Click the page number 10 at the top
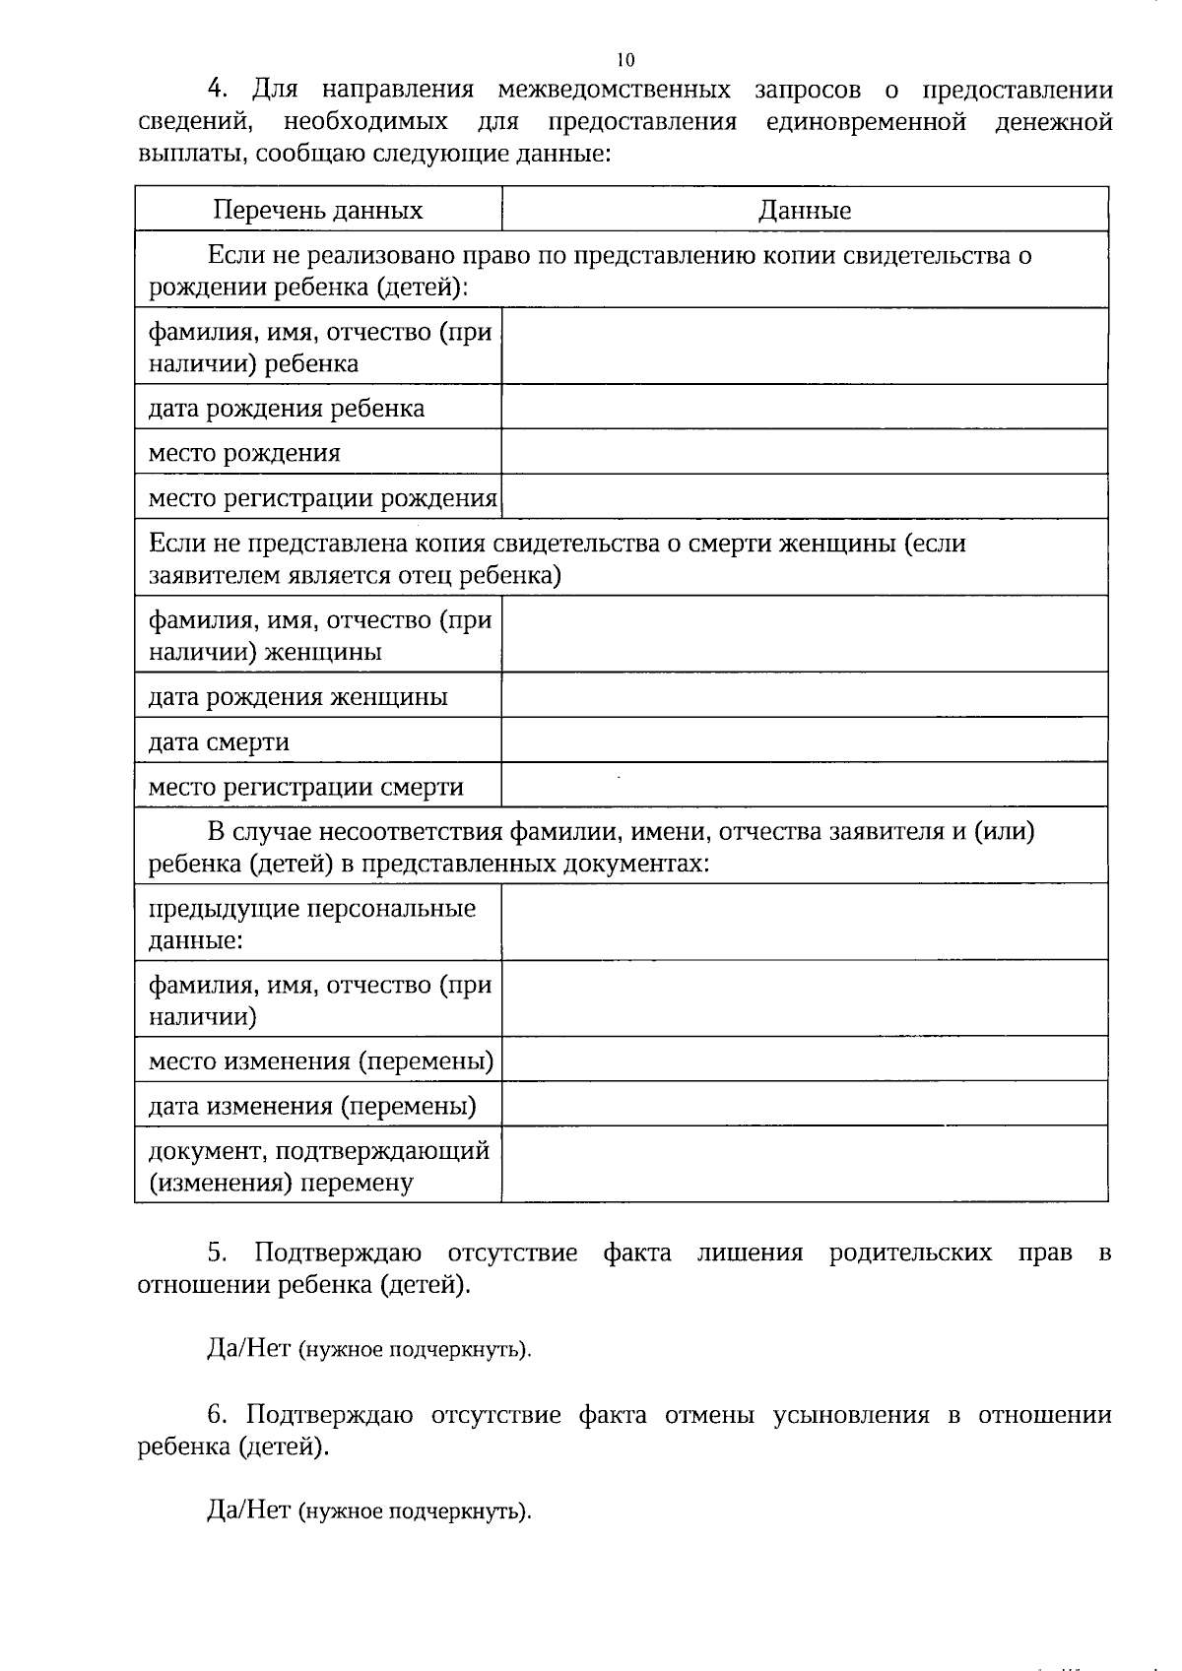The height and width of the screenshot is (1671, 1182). pos(625,58)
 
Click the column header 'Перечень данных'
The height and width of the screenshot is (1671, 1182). pos(318,210)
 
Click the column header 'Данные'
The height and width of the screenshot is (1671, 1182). pos(805,210)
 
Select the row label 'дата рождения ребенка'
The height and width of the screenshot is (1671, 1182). pos(287,408)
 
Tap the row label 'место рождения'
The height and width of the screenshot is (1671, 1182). pos(244,453)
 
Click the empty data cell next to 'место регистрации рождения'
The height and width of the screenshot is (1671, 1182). pos(805,497)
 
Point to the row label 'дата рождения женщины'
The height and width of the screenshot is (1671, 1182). pos(297,697)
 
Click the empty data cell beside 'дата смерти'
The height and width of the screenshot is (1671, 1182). pos(805,740)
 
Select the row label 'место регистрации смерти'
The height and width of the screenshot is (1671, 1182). pos(305,787)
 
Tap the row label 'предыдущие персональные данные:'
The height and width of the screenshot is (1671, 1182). pos(311,924)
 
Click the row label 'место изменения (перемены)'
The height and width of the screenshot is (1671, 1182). pos(321,1061)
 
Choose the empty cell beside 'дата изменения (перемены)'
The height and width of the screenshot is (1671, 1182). pos(805,1105)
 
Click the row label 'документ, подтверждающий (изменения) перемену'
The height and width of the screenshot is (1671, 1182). pos(318,1166)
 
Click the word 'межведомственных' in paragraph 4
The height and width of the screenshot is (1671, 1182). pos(614,91)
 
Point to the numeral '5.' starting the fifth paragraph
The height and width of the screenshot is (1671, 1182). pos(218,1253)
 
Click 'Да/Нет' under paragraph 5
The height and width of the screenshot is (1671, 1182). pos(248,1348)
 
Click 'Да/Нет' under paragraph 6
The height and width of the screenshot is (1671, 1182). pos(248,1510)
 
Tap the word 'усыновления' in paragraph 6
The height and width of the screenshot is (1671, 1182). pos(851,1415)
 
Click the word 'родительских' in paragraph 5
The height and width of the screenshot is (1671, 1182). pos(910,1253)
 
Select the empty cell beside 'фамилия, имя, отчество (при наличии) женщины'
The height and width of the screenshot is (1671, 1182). pos(805,635)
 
